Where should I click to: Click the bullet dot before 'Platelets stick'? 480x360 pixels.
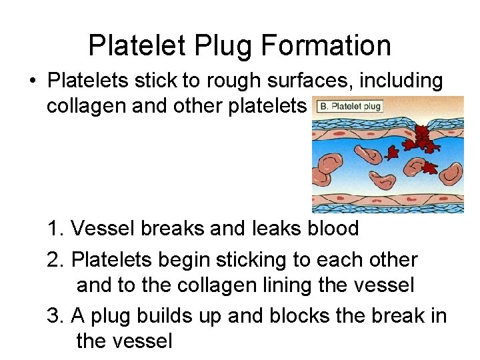(x=31, y=81)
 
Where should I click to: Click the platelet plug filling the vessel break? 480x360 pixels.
(x=422, y=139)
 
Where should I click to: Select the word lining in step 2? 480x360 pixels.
(x=305, y=286)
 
